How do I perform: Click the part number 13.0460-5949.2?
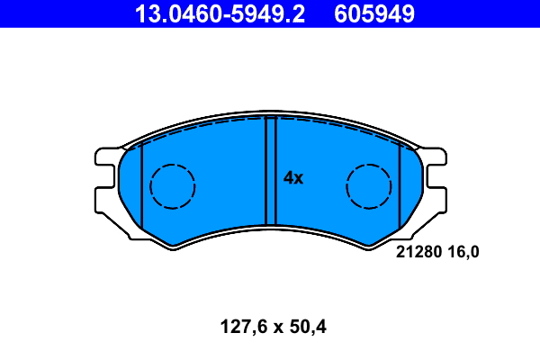coord(220,13)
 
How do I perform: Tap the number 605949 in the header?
coord(374,13)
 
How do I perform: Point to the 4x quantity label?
coord(293,178)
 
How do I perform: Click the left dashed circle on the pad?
coord(173,186)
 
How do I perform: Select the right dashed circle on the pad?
coord(369,186)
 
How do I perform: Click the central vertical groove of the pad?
coord(271,170)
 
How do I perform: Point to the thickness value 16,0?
coord(463,252)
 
